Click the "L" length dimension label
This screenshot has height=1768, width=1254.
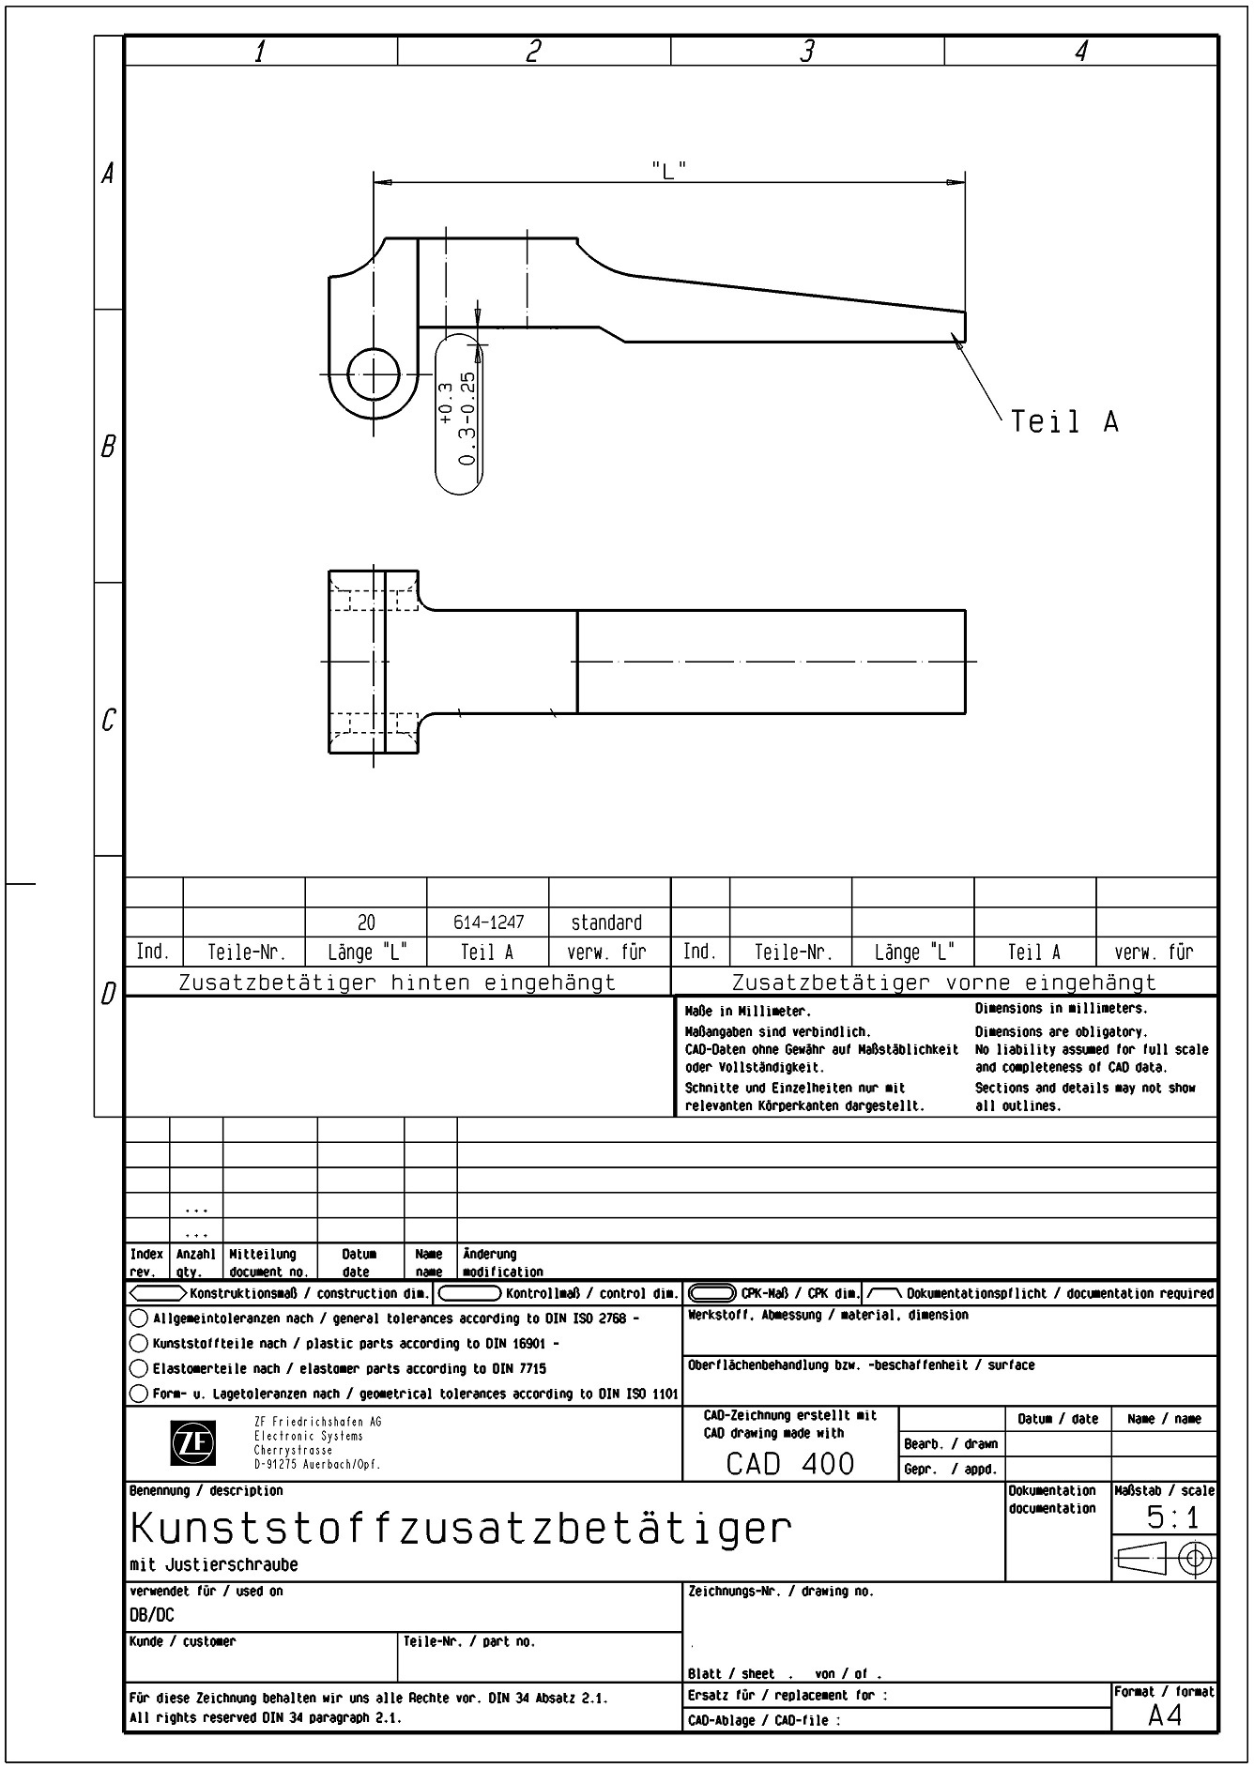tap(668, 170)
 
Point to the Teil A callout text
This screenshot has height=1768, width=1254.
tap(1064, 421)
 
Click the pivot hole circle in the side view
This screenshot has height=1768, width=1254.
tap(373, 374)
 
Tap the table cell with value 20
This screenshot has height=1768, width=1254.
tap(366, 922)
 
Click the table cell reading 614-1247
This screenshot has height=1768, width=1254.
tap(488, 922)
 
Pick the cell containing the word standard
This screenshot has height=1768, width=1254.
tap(607, 922)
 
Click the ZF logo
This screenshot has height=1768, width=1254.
tap(192, 1443)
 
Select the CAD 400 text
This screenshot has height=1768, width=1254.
tap(790, 1463)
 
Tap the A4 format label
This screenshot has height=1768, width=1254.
tap(1165, 1715)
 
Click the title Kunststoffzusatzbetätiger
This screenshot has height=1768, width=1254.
tap(461, 1529)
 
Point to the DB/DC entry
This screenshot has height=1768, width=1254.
tap(152, 1615)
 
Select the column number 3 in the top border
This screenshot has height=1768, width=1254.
tap(806, 52)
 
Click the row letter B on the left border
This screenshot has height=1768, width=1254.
tap(108, 447)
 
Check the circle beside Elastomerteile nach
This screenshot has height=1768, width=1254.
tap(138, 1368)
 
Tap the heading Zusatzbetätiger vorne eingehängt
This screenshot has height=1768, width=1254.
tap(943, 983)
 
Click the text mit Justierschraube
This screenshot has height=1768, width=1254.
tap(214, 1565)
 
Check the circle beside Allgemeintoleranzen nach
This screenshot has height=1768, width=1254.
tap(138, 1318)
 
